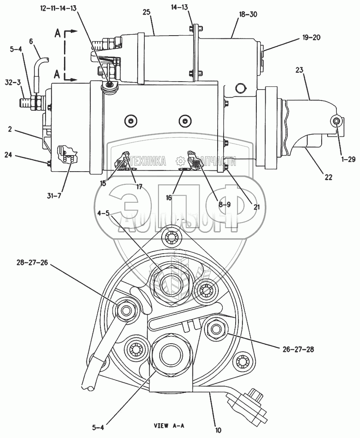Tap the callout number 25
146,13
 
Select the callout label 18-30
248,14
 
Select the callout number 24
8,154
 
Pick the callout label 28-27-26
32,262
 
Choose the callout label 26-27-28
295,349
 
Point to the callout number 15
104,184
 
